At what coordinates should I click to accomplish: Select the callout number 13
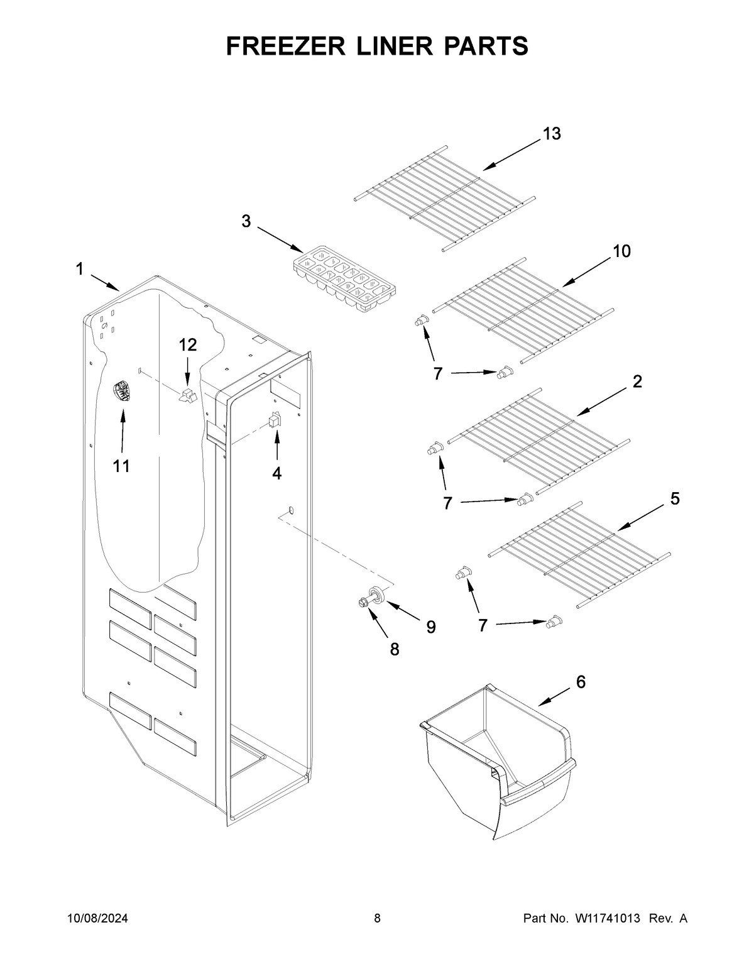pyautogui.click(x=552, y=134)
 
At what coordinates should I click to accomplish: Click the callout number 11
pyautogui.click(x=121, y=466)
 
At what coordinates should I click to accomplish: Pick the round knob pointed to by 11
pyautogui.click(x=121, y=392)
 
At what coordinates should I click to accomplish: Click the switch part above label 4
pyautogui.click(x=275, y=419)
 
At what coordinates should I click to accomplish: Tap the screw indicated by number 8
pyautogui.click(x=363, y=603)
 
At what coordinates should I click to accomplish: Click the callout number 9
pyautogui.click(x=431, y=627)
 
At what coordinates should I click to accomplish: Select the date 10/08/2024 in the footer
pyautogui.click(x=97, y=919)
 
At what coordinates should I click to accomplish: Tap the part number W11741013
pyautogui.click(x=607, y=919)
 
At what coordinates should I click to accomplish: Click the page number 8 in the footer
pyautogui.click(x=377, y=919)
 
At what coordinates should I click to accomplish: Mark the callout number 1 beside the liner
pyautogui.click(x=80, y=270)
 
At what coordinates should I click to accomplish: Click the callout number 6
pyautogui.click(x=581, y=681)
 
